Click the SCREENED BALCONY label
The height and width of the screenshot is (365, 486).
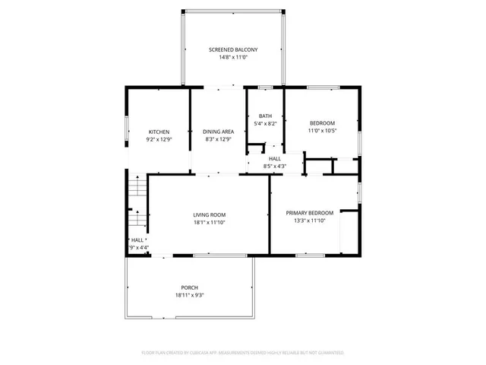[232, 49]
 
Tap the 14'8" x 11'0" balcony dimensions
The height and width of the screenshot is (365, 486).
[232, 57]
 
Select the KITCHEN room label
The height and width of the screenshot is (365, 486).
[159, 132]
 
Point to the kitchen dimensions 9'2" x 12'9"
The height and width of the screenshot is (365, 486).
[159, 139]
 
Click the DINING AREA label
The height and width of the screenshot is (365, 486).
[218, 132]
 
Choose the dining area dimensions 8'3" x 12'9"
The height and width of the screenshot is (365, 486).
[218, 139]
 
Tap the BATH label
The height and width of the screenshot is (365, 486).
[264, 116]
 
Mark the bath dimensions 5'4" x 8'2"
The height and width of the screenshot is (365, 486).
[264, 123]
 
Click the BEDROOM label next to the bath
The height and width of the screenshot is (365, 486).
[322, 123]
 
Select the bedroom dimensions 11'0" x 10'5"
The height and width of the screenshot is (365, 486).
[322, 131]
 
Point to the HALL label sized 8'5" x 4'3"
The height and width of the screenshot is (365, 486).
[274, 158]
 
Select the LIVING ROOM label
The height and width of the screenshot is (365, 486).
[209, 214]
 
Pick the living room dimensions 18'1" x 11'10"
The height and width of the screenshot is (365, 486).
[209, 222]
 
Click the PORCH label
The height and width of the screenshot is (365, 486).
[189, 287]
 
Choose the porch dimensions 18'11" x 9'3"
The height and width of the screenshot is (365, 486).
[189, 295]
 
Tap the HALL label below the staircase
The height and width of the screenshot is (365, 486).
[137, 240]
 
